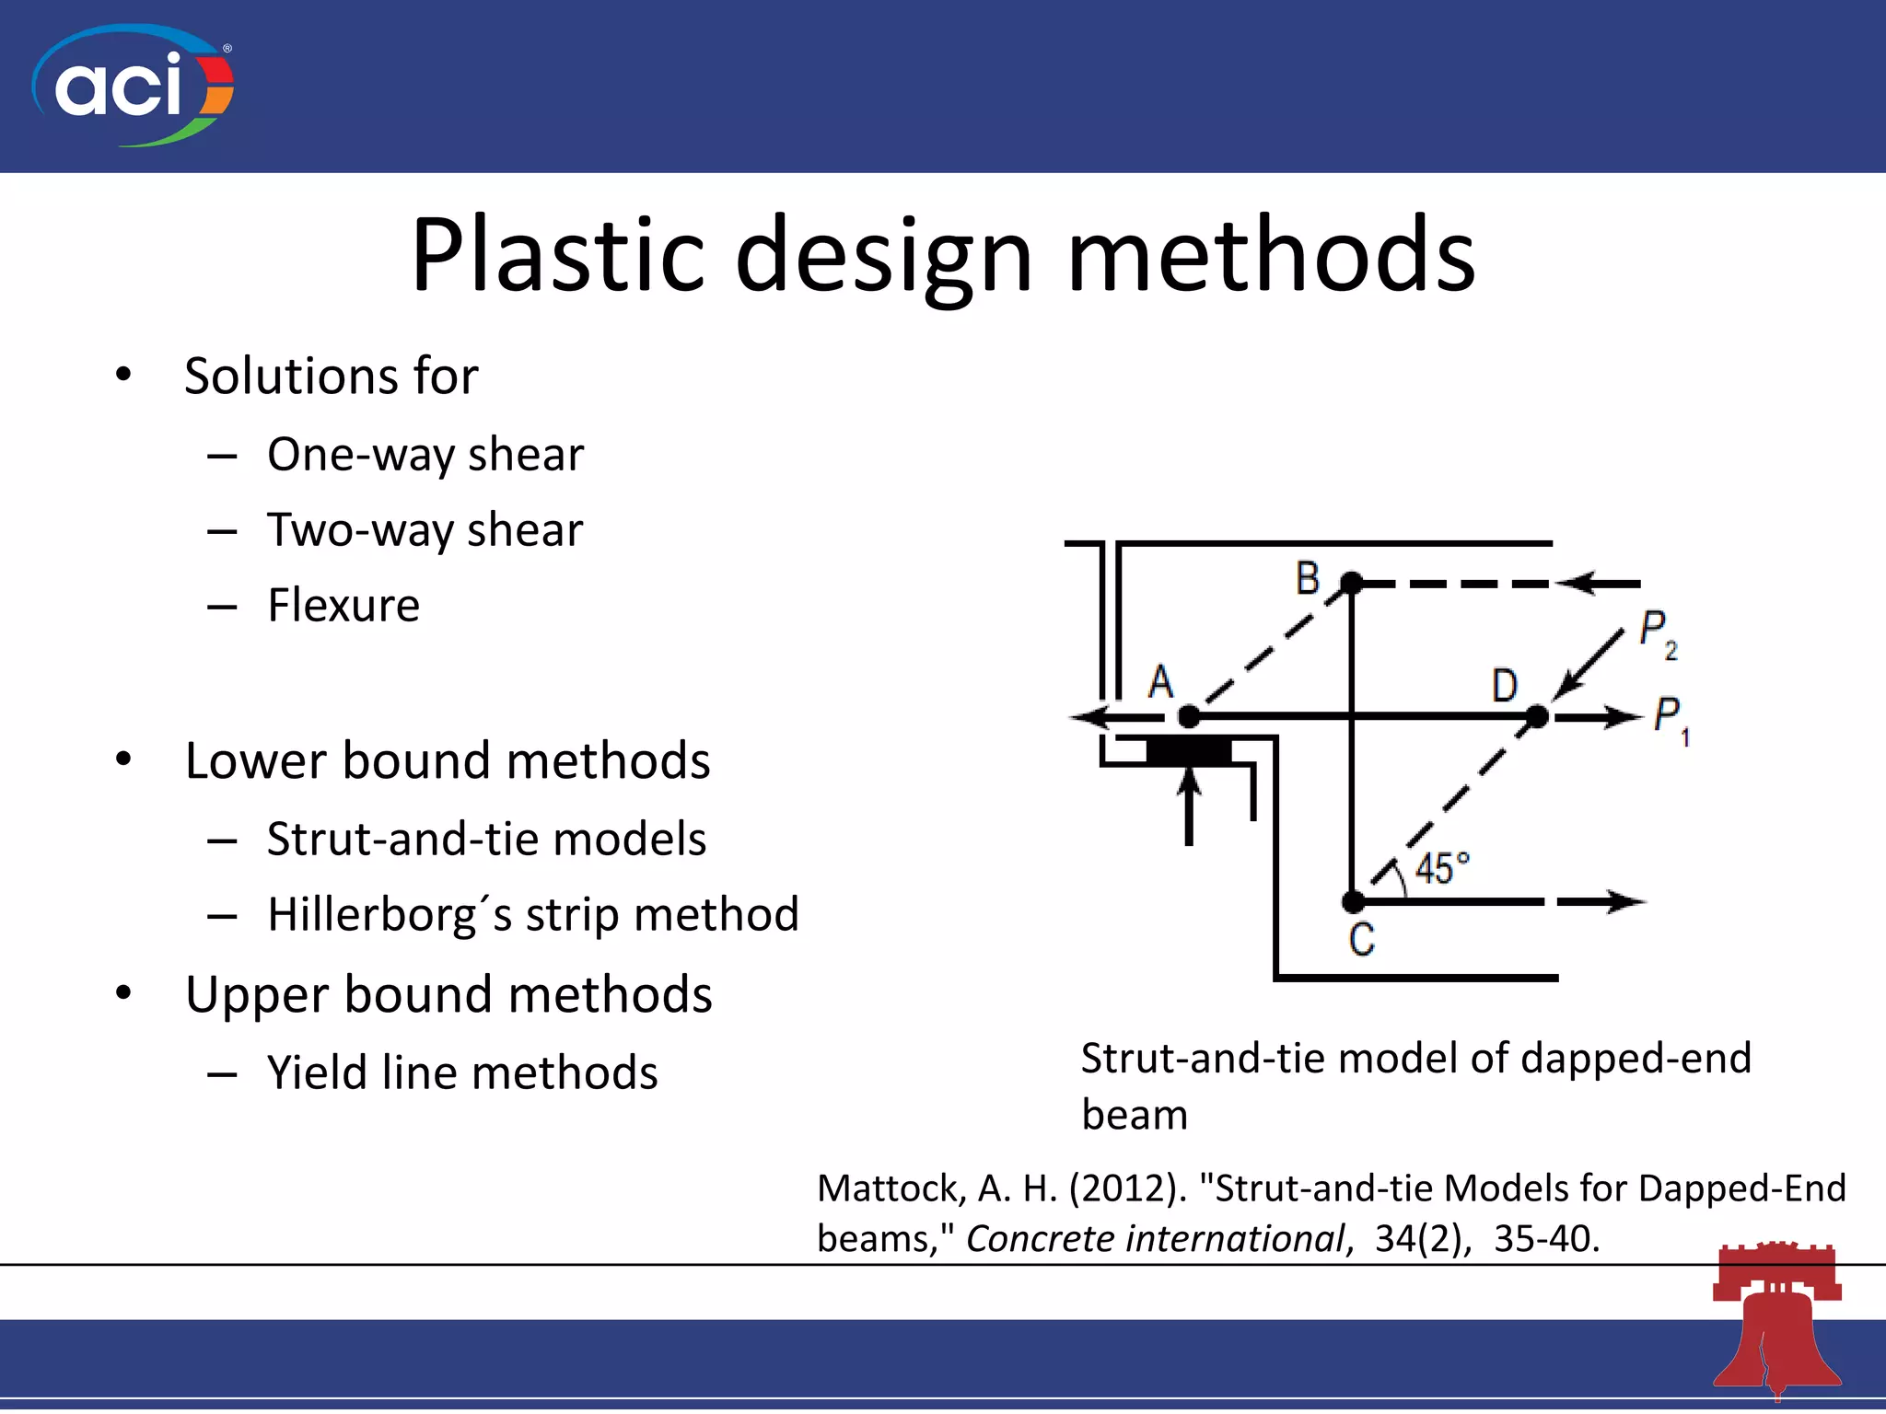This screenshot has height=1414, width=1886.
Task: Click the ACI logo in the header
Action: [x=133, y=86]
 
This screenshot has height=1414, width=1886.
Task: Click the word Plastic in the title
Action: [x=557, y=255]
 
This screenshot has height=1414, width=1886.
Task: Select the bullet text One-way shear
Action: [x=425, y=455]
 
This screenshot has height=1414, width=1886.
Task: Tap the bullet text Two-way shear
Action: [x=425, y=530]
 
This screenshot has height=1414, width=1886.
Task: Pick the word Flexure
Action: [x=343, y=606]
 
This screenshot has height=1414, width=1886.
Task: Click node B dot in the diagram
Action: [x=1351, y=583]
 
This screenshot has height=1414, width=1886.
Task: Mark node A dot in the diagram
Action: [x=1189, y=716]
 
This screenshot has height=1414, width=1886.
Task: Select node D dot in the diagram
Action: [x=1536, y=716]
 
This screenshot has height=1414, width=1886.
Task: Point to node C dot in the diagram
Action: [x=1353, y=901]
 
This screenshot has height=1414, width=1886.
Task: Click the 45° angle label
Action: [x=1441, y=868]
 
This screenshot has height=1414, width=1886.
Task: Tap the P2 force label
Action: [x=1659, y=634]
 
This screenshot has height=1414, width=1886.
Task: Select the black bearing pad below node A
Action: [x=1188, y=750]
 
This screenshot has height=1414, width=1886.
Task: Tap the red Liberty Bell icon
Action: [x=1776, y=1321]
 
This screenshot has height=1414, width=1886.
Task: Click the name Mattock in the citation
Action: [x=890, y=1189]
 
